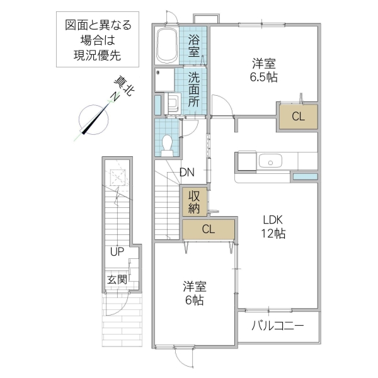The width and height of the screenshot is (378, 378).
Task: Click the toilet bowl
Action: [x=168, y=144]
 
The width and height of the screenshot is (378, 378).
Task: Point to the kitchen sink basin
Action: [x=272, y=162]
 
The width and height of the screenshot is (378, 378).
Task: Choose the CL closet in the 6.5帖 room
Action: [x=297, y=116]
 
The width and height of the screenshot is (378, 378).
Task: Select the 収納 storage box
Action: [x=195, y=201]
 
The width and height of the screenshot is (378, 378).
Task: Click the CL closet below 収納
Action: [x=208, y=229]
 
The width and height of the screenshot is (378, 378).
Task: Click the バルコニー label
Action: [x=278, y=326]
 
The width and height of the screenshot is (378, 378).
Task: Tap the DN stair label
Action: [x=186, y=172]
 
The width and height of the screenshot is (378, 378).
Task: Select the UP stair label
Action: [x=117, y=252]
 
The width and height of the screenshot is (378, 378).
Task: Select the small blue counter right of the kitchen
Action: [x=305, y=176]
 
